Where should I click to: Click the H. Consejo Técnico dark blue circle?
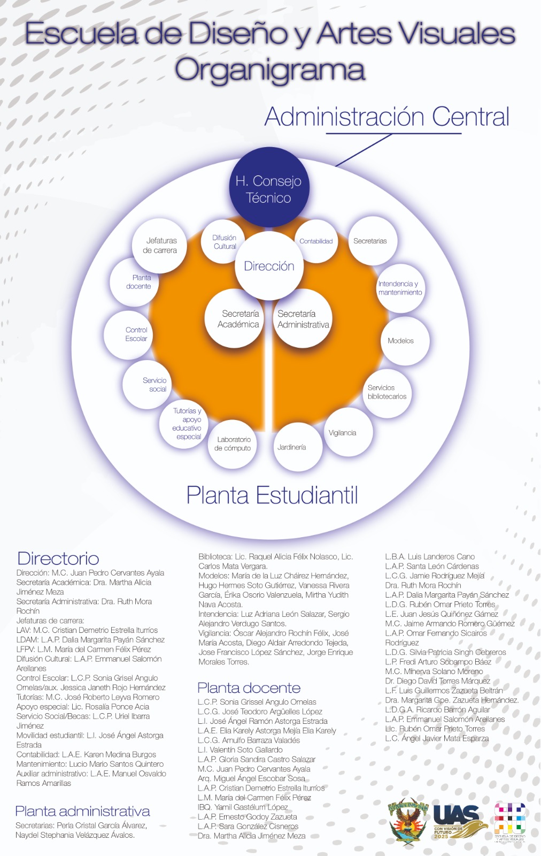tap(269, 188)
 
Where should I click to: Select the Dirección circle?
tap(269, 266)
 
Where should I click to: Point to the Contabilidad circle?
tap(316, 241)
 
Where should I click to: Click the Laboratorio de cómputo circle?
tap(233, 444)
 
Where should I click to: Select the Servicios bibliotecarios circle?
tap(387, 392)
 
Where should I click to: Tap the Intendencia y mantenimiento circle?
tap(400, 288)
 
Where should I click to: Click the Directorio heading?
tap(58, 559)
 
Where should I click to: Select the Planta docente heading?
tap(249, 688)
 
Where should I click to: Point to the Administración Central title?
tap(387, 117)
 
